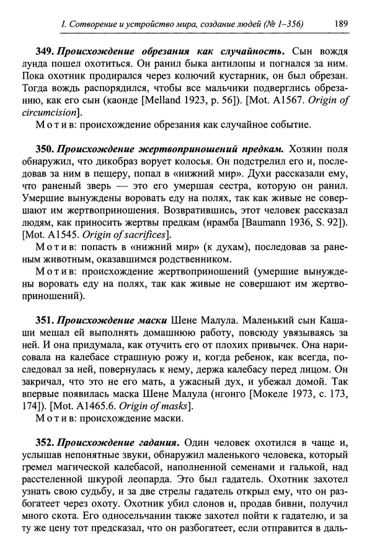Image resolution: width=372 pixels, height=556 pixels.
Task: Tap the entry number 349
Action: pyautogui.click(x=44, y=50)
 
